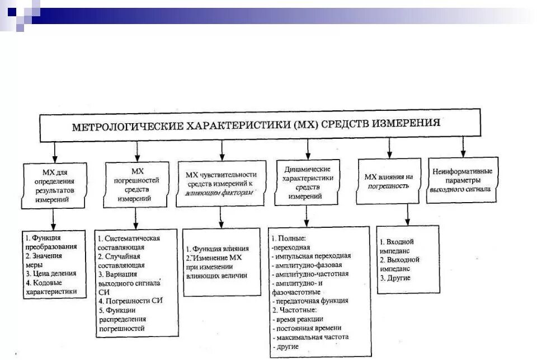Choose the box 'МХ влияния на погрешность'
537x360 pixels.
click(x=389, y=180)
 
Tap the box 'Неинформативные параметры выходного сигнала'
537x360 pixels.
click(x=462, y=179)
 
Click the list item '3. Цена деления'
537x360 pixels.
click(x=51, y=273)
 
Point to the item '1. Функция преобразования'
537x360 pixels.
click(x=51, y=241)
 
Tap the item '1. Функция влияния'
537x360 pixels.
click(x=218, y=248)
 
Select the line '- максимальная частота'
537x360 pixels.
click(x=310, y=337)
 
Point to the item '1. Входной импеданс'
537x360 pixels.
click(x=401, y=246)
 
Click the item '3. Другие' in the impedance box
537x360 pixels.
click(x=395, y=278)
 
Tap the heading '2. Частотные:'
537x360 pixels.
click(x=294, y=310)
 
